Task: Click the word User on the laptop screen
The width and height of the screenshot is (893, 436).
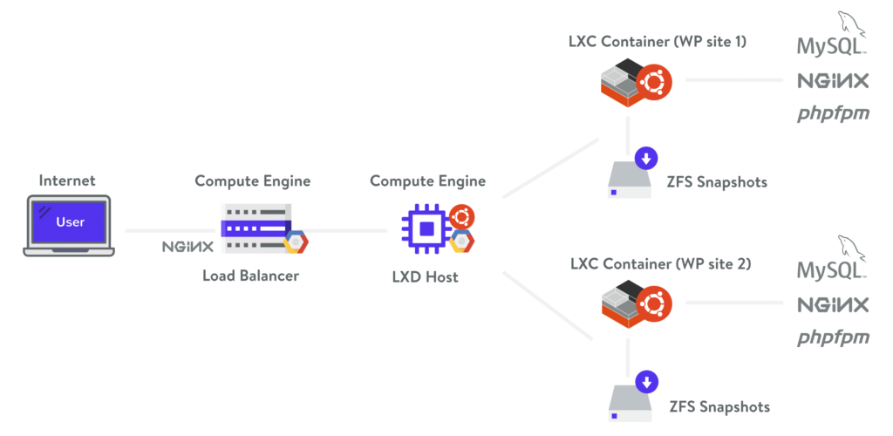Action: pos(70,221)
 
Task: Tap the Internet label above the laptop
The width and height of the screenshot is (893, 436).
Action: pos(68,181)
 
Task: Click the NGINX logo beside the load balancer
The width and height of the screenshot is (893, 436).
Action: pos(187,246)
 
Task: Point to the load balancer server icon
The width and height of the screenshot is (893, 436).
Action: pos(256,228)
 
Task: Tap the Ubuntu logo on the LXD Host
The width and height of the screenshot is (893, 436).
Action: pos(461,215)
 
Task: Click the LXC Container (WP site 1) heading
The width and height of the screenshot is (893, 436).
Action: pos(657,40)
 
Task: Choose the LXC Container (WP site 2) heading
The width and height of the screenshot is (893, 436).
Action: pos(660,263)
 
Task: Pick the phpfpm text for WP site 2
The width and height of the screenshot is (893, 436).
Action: pos(833,337)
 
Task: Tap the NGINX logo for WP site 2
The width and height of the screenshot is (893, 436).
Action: pos(833,305)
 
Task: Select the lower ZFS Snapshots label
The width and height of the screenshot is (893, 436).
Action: pos(719,406)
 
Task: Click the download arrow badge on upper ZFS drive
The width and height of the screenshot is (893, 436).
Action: pos(646,159)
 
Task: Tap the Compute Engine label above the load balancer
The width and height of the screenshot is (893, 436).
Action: pos(252,181)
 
